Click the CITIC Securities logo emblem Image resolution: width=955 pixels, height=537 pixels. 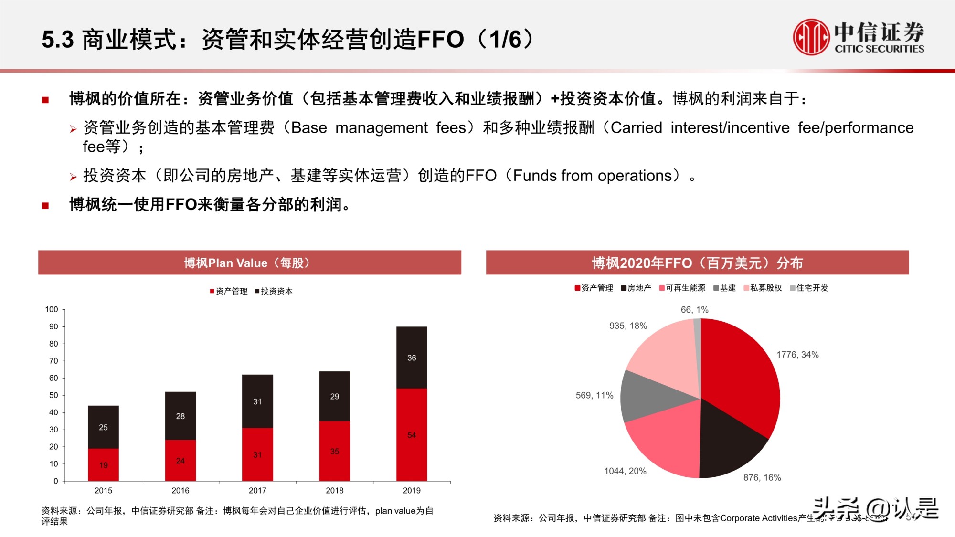click(811, 37)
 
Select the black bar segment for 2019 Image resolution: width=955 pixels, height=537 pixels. click(412, 358)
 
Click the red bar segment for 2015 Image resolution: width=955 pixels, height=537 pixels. click(103, 464)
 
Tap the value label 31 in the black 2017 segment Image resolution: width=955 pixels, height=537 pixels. click(257, 401)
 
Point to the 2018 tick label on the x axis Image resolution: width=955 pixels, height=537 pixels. click(334, 490)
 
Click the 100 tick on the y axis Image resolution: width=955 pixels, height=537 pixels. click(52, 309)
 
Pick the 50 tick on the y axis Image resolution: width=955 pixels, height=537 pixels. click(53, 395)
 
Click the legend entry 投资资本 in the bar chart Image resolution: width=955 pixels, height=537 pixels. click(276, 291)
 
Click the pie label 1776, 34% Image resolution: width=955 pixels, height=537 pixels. click(797, 355)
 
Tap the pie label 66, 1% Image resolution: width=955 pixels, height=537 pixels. click(694, 310)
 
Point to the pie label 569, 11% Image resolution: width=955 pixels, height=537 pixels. click(594, 395)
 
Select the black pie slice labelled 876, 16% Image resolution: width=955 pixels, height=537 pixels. click(726, 439)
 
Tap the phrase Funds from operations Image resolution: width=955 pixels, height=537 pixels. click(592, 176)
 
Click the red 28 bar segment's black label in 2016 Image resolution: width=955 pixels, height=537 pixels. click(180, 416)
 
